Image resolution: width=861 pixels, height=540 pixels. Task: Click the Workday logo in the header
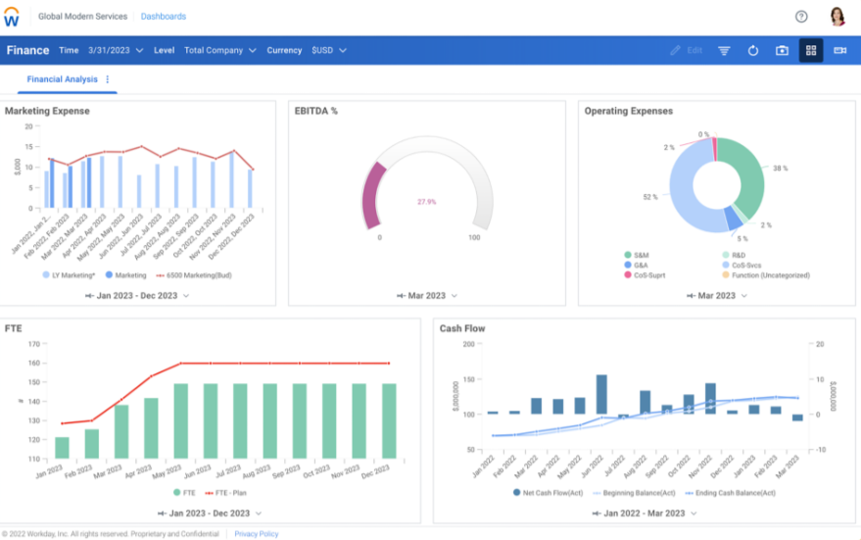pyautogui.click(x=12, y=17)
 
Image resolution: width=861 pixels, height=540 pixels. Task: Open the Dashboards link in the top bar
pyautogui.click(x=163, y=17)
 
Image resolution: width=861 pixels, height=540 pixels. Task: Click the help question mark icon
pyautogui.click(x=801, y=17)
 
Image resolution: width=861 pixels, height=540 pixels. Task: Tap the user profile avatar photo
pyautogui.click(x=837, y=17)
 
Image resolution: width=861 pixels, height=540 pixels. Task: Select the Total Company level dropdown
pyautogui.click(x=220, y=50)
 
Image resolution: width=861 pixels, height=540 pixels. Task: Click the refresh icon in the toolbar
pyautogui.click(x=753, y=50)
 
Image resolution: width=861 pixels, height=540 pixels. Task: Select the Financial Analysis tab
pyautogui.click(x=62, y=79)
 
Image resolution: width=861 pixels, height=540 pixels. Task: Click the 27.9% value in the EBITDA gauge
pyautogui.click(x=427, y=201)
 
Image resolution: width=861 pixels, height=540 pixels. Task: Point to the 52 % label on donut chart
pyautogui.click(x=649, y=197)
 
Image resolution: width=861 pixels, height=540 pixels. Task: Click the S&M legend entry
pyautogui.click(x=641, y=255)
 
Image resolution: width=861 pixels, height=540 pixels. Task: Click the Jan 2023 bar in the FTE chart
pyautogui.click(x=63, y=447)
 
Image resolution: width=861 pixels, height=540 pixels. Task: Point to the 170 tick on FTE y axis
pyautogui.click(x=34, y=344)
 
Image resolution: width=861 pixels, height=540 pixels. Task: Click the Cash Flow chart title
pyautogui.click(x=462, y=328)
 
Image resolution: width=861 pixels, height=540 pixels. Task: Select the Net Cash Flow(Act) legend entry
pyautogui.click(x=551, y=492)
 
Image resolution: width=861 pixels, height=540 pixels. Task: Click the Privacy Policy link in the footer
pyautogui.click(x=256, y=534)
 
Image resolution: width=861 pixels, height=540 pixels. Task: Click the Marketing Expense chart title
pyautogui.click(x=47, y=111)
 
